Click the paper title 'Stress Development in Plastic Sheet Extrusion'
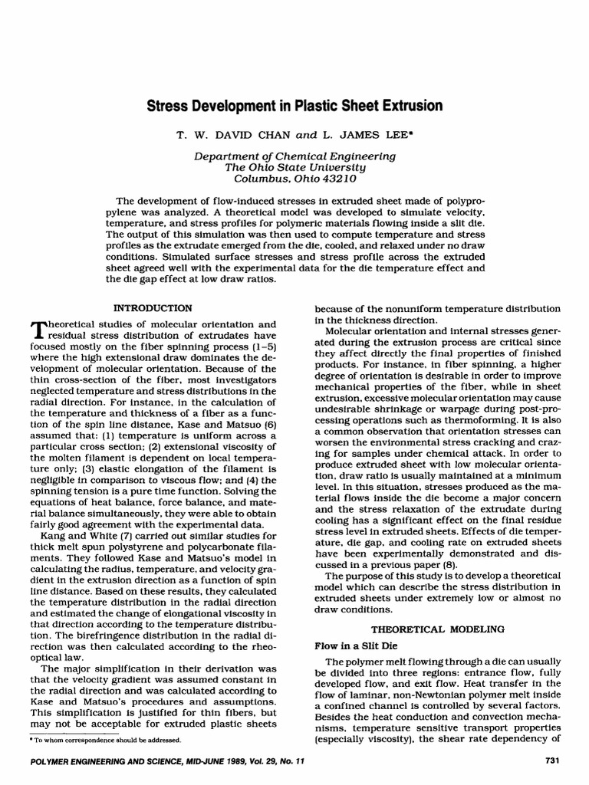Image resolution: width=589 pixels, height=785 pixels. click(294, 106)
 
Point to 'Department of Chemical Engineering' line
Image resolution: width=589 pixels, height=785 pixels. click(294, 156)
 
